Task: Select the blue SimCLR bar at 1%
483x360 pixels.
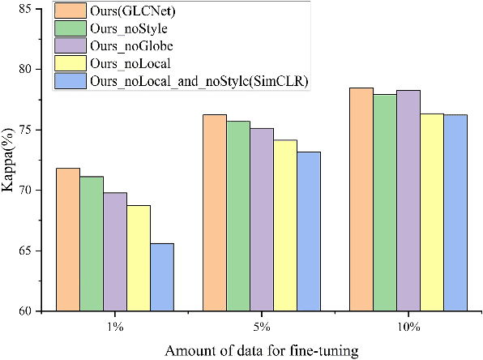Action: (x=162, y=276)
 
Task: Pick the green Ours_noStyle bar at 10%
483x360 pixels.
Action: (x=384, y=202)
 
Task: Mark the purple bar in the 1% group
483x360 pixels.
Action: (x=114, y=251)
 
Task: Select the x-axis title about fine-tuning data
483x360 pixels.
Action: (x=261, y=349)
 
